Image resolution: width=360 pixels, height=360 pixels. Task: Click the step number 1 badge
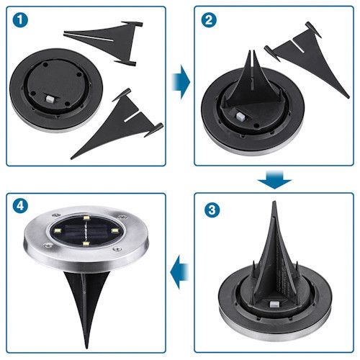pyautogui.click(x=20, y=20)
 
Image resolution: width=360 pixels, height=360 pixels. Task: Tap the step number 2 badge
pyautogui.click(x=209, y=20)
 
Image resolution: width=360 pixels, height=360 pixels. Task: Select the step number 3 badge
pyautogui.click(x=212, y=210)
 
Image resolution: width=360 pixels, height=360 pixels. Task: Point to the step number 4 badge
pyautogui.click(x=20, y=206)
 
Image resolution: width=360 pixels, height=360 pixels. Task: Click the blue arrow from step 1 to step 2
pyautogui.click(x=181, y=82)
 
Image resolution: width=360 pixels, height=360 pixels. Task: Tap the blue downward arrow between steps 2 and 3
pyautogui.click(x=274, y=179)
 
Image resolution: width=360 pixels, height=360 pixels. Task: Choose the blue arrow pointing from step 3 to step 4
pyautogui.click(x=179, y=272)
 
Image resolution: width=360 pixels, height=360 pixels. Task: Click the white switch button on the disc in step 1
pyautogui.click(x=50, y=99)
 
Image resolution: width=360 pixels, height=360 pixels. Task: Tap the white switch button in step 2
pyautogui.click(x=240, y=117)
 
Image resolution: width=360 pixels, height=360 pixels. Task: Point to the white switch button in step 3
pyautogui.click(x=274, y=305)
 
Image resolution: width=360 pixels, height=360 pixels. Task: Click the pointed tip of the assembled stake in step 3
pyautogui.click(x=274, y=202)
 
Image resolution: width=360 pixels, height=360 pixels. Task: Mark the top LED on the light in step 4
pyautogui.click(x=86, y=218)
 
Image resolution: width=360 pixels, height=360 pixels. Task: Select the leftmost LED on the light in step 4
pyautogui.click(x=57, y=231)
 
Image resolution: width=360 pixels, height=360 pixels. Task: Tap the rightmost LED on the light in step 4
pyautogui.click(x=115, y=230)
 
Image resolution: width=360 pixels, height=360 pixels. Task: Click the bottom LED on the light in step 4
pyautogui.click(x=86, y=244)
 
